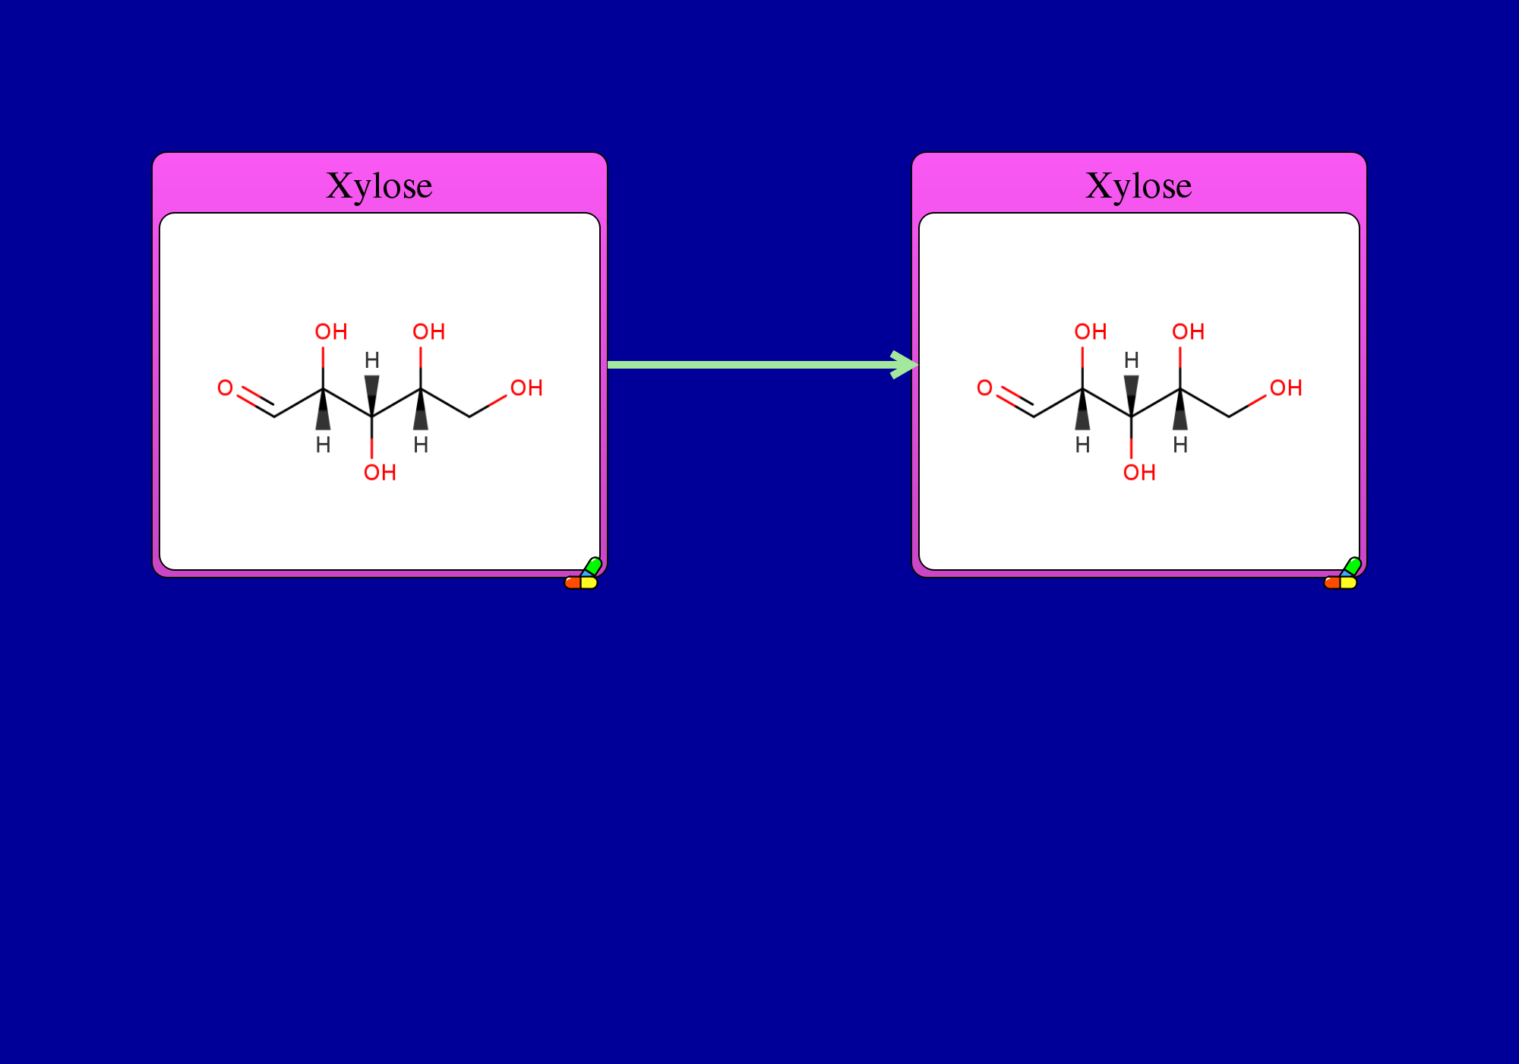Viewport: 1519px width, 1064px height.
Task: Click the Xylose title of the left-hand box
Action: pyautogui.click(x=379, y=186)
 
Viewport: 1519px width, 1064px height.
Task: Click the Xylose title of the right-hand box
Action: pyautogui.click(x=1138, y=186)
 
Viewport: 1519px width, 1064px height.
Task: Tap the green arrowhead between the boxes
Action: pyautogui.click(x=905, y=365)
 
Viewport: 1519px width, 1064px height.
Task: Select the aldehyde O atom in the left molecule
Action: pyautogui.click(x=225, y=388)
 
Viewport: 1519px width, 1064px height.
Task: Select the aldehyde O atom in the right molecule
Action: pyautogui.click(x=984, y=388)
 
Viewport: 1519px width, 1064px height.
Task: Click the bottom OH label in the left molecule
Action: pyautogui.click(x=380, y=473)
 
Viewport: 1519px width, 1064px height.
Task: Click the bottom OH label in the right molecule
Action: pyautogui.click(x=1139, y=473)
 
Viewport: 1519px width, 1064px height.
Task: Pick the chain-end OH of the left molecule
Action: pyautogui.click(x=526, y=388)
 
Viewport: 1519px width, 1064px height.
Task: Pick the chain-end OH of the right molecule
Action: pyautogui.click(x=1286, y=388)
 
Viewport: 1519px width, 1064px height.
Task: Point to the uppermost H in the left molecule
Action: pyautogui.click(x=371, y=359)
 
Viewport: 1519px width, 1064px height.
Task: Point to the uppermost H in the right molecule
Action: pyautogui.click(x=1131, y=359)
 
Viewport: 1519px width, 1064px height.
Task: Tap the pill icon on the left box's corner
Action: pyautogui.click(x=583, y=574)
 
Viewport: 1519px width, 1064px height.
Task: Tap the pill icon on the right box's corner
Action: pyautogui.click(x=1343, y=574)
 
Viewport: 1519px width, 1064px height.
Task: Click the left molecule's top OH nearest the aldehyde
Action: pyautogui.click(x=331, y=331)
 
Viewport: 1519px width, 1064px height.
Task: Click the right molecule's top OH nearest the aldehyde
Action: pyautogui.click(x=1091, y=331)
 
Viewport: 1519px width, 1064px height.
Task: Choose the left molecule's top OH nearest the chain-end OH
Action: pyautogui.click(x=428, y=331)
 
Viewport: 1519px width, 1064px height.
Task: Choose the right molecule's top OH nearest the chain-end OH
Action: pyautogui.click(x=1188, y=331)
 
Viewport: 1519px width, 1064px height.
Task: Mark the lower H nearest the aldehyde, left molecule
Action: pyautogui.click(x=323, y=445)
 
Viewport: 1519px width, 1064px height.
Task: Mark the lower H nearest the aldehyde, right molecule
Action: pyautogui.click(x=1082, y=445)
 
